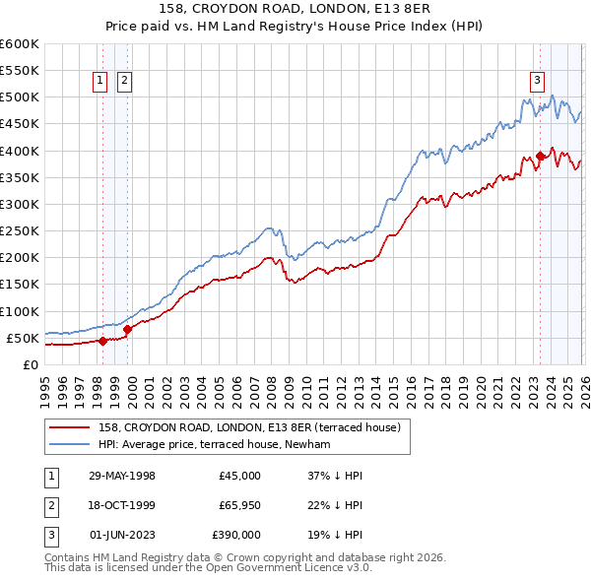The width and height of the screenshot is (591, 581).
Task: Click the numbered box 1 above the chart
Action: tap(101, 82)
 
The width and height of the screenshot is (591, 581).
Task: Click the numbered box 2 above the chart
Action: tap(125, 82)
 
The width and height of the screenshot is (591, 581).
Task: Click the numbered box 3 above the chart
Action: tap(538, 82)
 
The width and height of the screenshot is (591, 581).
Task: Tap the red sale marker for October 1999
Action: tap(127, 330)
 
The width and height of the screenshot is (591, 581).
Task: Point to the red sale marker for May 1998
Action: tap(102, 341)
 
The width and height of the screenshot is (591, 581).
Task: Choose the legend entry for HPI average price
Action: tap(222, 445)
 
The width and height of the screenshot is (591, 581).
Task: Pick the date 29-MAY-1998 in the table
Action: tap(122, 476)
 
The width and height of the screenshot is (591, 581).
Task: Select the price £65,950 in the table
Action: tap(236, 505)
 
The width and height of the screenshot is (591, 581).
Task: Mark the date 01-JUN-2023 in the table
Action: tap(122, 535)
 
